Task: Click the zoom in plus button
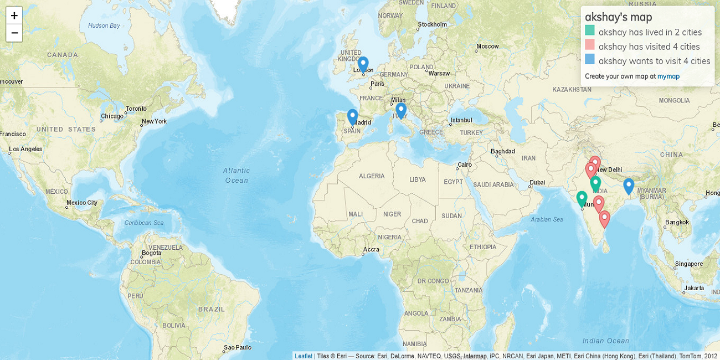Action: pos(14,16)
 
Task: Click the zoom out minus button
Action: pos(14,33)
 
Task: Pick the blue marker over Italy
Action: pos(400,110)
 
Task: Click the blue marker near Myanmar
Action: pos(628,186)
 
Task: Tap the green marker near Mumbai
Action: pos(582,198)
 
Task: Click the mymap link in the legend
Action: pos(668,76)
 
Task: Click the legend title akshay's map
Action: pos(618,17)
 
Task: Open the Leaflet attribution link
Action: pos(303,356)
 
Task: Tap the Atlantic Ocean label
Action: pos(236,175)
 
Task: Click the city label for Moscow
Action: pos(487,47)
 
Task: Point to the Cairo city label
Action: pos(464,165)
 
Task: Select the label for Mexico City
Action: pos(82,203)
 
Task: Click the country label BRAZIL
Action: pos(211,309)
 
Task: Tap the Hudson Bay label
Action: pos(104,25)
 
